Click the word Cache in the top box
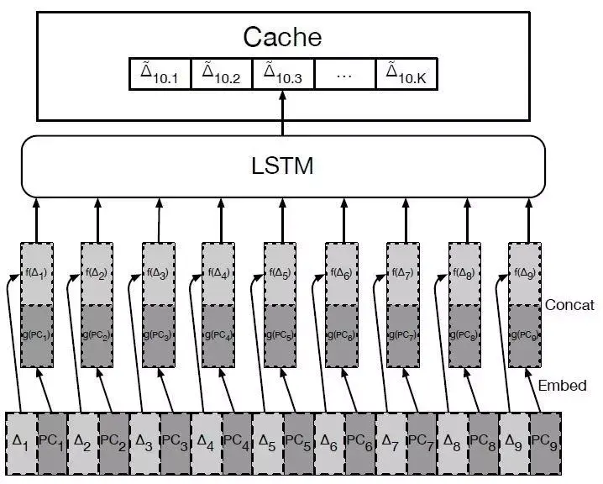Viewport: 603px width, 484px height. (x=282, y=36)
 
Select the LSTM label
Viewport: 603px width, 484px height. (x=282, y=166)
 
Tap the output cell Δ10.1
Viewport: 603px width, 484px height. (x=160, y=75)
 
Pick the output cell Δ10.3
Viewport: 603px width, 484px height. (x=283, y=75)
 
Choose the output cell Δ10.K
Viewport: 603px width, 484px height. (x=406, y=75)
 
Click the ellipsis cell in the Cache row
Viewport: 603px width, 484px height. (x=345, y=75)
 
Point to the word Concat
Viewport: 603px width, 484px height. (x=569, y=305)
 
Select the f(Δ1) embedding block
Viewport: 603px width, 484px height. (x=35, y=273)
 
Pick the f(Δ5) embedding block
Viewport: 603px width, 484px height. (x=280, y=273)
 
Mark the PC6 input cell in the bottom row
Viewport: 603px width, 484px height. (x=360, y=439)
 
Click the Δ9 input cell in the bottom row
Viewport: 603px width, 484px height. (x=514, y=439)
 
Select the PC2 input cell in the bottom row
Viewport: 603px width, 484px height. (x=114, y=439)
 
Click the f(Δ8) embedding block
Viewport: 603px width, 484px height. (x=464, y=273)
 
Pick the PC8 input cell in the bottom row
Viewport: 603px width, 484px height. (x=483, y=439)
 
